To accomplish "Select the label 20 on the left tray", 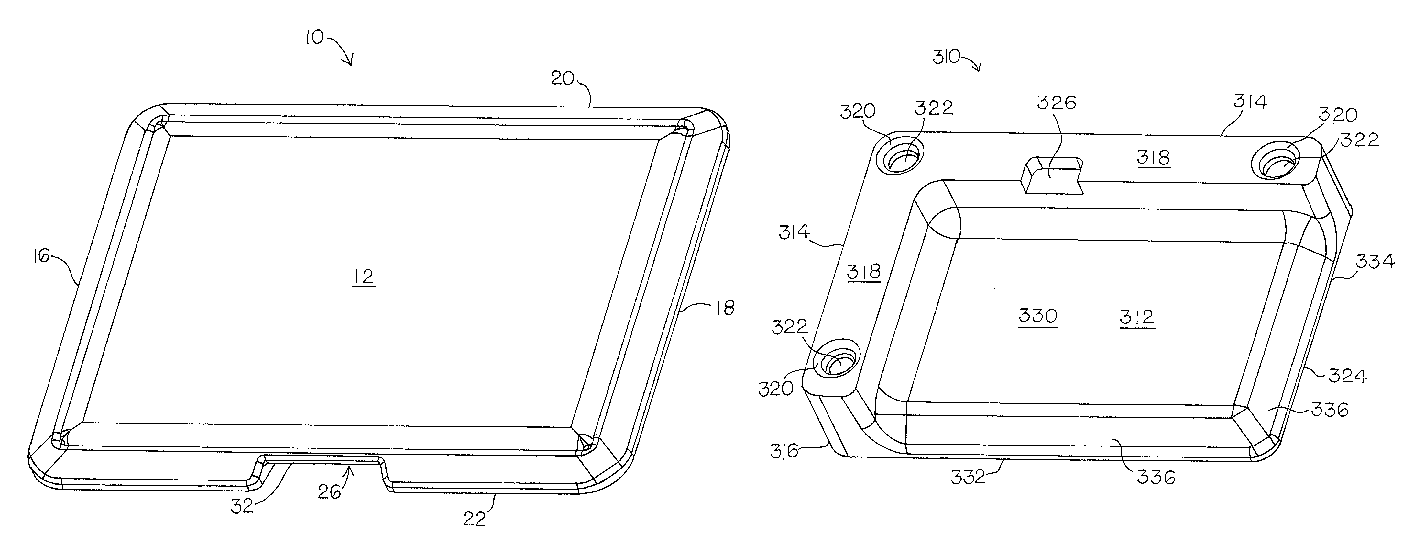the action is (562, 79).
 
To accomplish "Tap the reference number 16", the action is (41, 255).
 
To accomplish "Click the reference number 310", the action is (946, 57).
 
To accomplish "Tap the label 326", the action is (1056, 103).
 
